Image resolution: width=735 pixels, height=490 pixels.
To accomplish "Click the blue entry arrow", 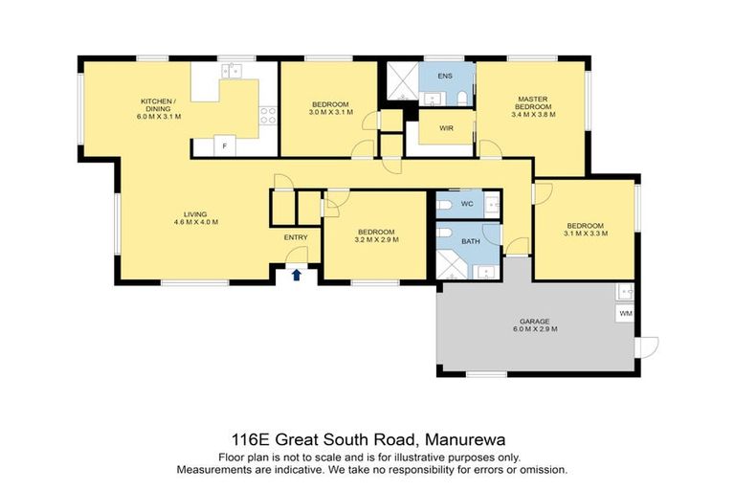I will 297,275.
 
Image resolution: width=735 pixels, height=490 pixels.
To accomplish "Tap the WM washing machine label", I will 626,313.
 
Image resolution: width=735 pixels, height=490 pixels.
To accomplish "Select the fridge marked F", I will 224,146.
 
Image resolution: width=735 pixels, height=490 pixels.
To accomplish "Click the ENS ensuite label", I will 444,75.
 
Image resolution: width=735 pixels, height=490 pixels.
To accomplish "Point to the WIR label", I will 446,127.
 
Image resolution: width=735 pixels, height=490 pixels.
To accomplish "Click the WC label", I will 467,204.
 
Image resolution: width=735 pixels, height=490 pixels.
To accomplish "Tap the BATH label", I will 471,241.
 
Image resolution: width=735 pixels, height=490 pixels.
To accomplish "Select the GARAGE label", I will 535,321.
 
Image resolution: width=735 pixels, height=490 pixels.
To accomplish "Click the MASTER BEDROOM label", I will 533,102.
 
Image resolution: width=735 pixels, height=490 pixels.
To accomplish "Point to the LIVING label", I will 196,213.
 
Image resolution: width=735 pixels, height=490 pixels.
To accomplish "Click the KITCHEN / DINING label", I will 159,104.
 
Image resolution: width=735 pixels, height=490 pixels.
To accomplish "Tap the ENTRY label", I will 296,237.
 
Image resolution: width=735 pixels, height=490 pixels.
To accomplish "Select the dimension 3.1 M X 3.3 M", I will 586,234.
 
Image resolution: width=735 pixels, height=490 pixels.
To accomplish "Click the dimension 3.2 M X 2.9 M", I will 376,239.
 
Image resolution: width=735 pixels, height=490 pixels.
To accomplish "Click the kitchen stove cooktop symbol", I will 268,116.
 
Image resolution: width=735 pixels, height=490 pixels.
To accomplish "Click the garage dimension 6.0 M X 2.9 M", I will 535,329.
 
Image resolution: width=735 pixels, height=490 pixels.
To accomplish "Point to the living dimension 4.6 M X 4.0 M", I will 196,222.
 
